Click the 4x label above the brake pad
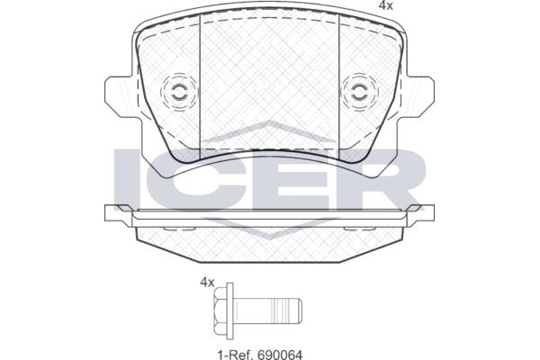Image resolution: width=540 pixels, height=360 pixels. [x=385, y=6]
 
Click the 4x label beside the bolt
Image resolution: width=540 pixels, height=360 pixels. [x=207, y=283]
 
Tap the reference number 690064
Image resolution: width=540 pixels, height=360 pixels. [x=280, y=354]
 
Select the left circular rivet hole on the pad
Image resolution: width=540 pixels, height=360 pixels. [x=179, y=92]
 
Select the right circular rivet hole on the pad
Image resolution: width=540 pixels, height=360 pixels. [x=359, y=92]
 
